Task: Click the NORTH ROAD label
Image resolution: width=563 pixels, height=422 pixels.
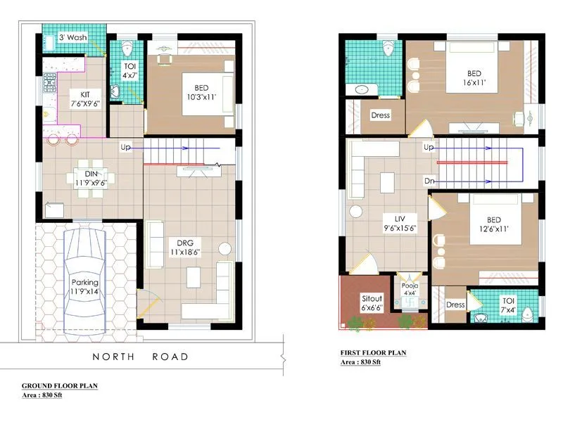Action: pos(141,357)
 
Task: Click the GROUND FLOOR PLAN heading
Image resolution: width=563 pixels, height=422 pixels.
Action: pos(60,386)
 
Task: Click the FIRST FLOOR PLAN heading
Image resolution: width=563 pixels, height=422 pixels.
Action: pos(372,353)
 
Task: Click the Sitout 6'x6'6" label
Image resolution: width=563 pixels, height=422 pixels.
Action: pos(371,302)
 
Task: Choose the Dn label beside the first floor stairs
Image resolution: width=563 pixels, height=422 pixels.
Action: pos(429,181)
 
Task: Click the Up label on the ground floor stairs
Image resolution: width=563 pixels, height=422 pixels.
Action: pos(126,147)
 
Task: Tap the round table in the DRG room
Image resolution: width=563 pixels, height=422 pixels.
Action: pos(224,248)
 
